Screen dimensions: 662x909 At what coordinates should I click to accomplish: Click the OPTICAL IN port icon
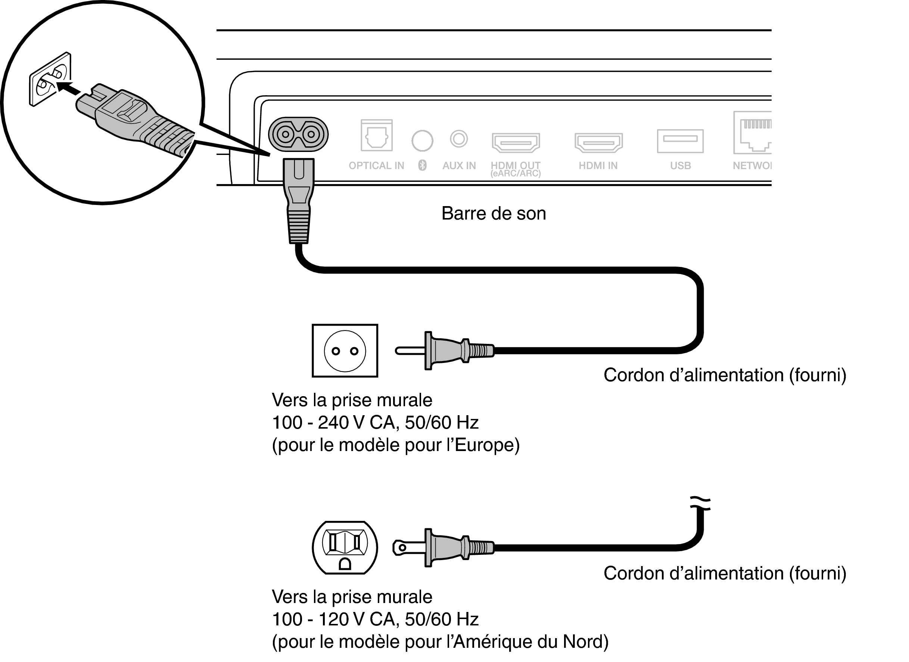click(x=376, y=135)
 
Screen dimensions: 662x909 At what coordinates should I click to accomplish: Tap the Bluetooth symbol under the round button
click(x=422, y=165)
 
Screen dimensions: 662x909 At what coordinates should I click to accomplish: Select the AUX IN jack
click(x=459, y=139)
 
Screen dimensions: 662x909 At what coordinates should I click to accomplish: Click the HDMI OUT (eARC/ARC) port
click(x=516, y=142)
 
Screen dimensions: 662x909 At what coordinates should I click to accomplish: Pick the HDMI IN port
click(x=598, y=142)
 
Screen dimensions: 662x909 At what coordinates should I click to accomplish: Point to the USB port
click(x=680, y=141)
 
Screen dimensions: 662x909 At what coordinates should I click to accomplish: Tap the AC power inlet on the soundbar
click(x=298, y=134)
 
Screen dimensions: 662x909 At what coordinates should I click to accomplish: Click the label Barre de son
click(x=494, y=213)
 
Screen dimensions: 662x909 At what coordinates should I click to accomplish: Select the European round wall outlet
click(x=345, y=351)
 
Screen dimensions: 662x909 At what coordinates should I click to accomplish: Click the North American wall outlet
click(x=345, y=547)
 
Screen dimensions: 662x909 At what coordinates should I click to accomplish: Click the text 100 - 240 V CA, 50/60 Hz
click(x=375, y=422)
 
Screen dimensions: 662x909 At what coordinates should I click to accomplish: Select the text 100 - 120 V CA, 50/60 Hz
click(x=375, y=619)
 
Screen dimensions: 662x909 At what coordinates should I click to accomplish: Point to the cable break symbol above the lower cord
click(x=700, y=503)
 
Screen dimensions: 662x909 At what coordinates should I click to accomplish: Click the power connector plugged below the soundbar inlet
click(x=299, y=201)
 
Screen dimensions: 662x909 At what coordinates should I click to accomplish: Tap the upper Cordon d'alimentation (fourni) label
click(x=725, y=375)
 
